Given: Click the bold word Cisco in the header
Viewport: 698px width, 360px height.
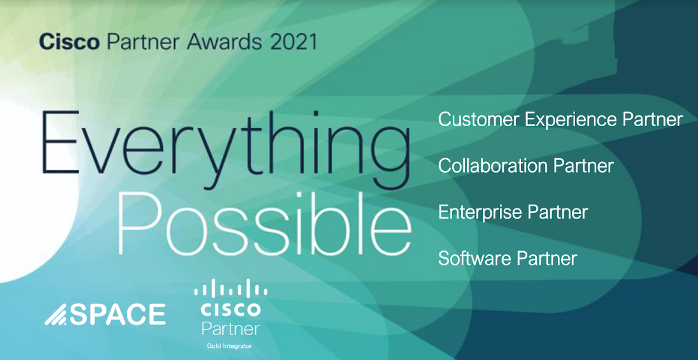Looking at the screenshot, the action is (x=69, y=43).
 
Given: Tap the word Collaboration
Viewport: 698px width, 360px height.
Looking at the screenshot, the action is (x=492, y=166).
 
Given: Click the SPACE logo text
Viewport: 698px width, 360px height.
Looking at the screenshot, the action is (x=118, y=314).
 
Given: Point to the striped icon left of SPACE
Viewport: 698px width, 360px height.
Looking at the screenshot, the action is (x=56, y=314).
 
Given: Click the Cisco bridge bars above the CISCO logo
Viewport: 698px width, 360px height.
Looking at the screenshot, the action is (x=231, y=288).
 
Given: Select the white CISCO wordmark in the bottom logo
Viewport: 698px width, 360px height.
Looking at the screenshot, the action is (x=231, y=309).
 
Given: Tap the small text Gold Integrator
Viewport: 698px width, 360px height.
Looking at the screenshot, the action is (x=231, y=346).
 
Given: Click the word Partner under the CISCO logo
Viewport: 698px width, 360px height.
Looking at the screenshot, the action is (x=231, y=329).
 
